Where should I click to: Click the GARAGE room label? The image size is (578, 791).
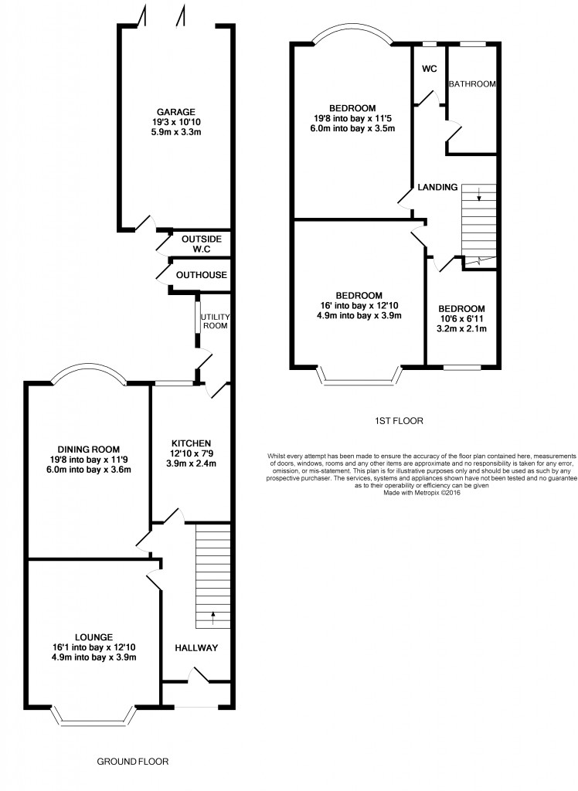point(175,112)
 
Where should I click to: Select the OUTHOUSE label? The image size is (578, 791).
point(202,275)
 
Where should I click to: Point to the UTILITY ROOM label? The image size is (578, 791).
point(215,321)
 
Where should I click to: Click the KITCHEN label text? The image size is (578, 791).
point(191,443)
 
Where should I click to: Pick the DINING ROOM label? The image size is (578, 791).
point(89,450)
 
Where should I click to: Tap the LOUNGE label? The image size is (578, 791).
point(93,637)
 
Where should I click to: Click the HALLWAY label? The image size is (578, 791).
point(196,648)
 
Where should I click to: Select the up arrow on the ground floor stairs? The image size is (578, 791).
point(212,618)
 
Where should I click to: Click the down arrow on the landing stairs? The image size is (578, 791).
point(478,194)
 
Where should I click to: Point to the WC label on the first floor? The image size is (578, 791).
point(430,69)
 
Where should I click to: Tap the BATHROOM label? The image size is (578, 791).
point(472,84)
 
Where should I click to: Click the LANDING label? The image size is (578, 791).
point(437,187)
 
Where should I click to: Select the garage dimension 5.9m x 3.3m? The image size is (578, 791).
point(175,132)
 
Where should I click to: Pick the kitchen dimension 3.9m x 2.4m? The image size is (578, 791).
point(191,463)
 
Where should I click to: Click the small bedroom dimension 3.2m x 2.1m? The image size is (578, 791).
point(461,329)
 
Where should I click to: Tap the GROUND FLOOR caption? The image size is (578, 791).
point(133,761)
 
